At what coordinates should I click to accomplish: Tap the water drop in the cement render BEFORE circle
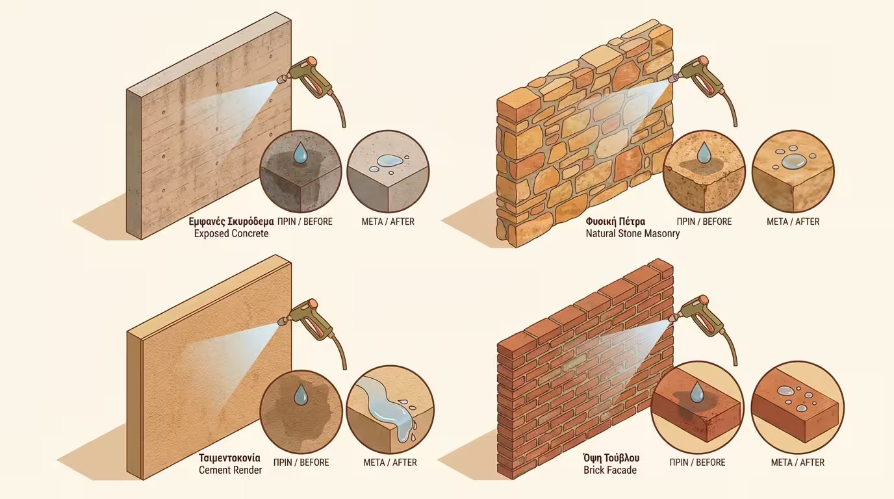click(x=301, y=394)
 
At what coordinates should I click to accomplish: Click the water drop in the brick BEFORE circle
click(x=697, y=392)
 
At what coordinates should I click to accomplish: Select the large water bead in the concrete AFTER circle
click(x=389, y=161)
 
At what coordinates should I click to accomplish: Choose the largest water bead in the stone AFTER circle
click(x=793, y=161)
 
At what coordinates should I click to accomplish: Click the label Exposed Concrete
click(x=231, y=233)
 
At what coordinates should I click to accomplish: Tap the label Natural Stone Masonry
click(x=633, y=233)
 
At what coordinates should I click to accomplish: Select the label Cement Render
click(x=230, y=470)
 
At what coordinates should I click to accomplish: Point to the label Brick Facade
click(x=610, y=470)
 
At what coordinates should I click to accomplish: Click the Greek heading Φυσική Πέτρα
click(x=615, y=221)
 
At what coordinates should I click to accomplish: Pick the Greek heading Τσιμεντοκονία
click(x=229, y=458)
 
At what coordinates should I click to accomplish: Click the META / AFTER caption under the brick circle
click(x=797, y=462)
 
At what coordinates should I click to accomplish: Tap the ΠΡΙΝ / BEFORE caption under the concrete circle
click(x=305, y=222)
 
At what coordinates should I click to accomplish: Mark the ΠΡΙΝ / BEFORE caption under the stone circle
click(x=704, y=222)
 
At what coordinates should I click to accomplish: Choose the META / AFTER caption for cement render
click(x=390, y=462)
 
